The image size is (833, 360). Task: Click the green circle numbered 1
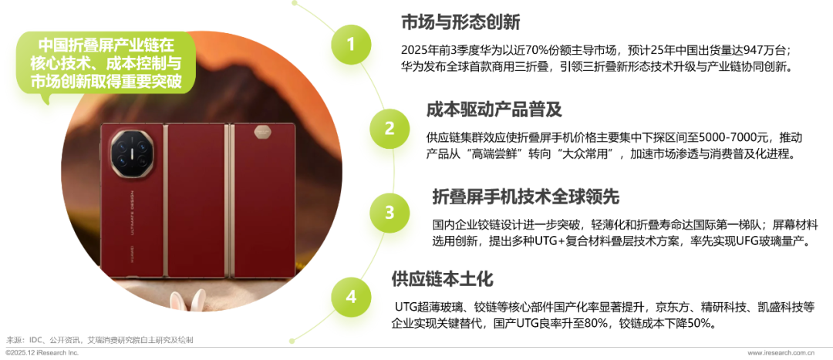tap(351, 45)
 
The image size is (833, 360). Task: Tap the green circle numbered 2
tap(390, 129)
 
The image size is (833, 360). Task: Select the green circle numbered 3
tap(390, 213)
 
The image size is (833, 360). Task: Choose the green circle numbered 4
tap(351, 297)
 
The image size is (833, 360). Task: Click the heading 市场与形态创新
tap(460, 22)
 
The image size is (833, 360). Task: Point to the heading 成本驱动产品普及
tap(494, 109)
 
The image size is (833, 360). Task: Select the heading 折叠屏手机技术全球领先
tap(526, 197)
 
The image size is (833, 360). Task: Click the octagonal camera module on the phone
tap(131, 151)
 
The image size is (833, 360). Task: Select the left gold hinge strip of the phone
tap(165, 200)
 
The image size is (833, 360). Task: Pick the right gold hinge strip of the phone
tap(228, 200)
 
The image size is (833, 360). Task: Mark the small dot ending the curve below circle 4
tap(292, 340)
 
